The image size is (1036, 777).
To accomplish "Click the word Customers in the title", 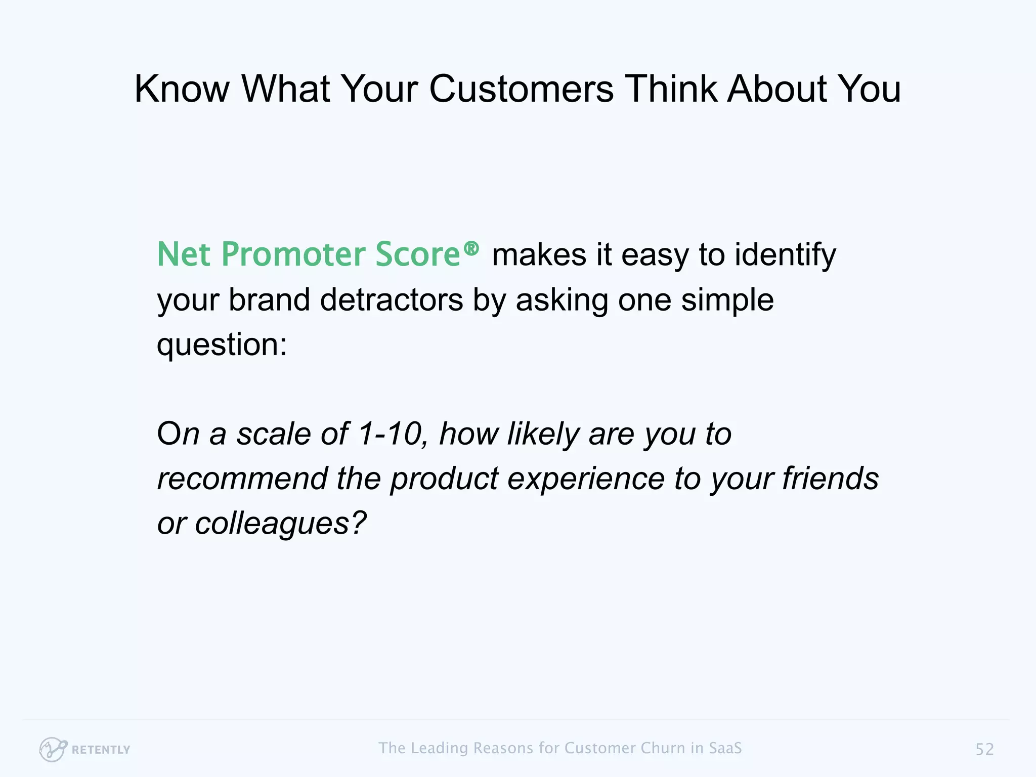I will [521, 89].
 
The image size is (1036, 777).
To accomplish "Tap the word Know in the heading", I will [182, 89].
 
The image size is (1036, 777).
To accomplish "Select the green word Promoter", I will [293, 254].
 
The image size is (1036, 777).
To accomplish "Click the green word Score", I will [417, 254].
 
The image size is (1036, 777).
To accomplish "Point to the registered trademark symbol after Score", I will [471, 248].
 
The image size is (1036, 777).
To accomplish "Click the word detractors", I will [391, 300].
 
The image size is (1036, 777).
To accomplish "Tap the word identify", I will [785, 255].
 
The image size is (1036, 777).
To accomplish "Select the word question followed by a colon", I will [222, 345].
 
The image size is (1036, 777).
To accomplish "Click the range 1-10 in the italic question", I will [390, 434].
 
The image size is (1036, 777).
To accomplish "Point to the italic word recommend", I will [242, 479].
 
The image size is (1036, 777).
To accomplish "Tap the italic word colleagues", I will [280, 524].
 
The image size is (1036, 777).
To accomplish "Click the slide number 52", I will [984, 749].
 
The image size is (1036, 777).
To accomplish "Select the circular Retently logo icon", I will [52, 749].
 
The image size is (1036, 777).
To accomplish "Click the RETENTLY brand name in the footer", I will [101, 750].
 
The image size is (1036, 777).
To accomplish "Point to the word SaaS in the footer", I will [725, 748].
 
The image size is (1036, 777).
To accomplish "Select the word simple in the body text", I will [727, 300].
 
